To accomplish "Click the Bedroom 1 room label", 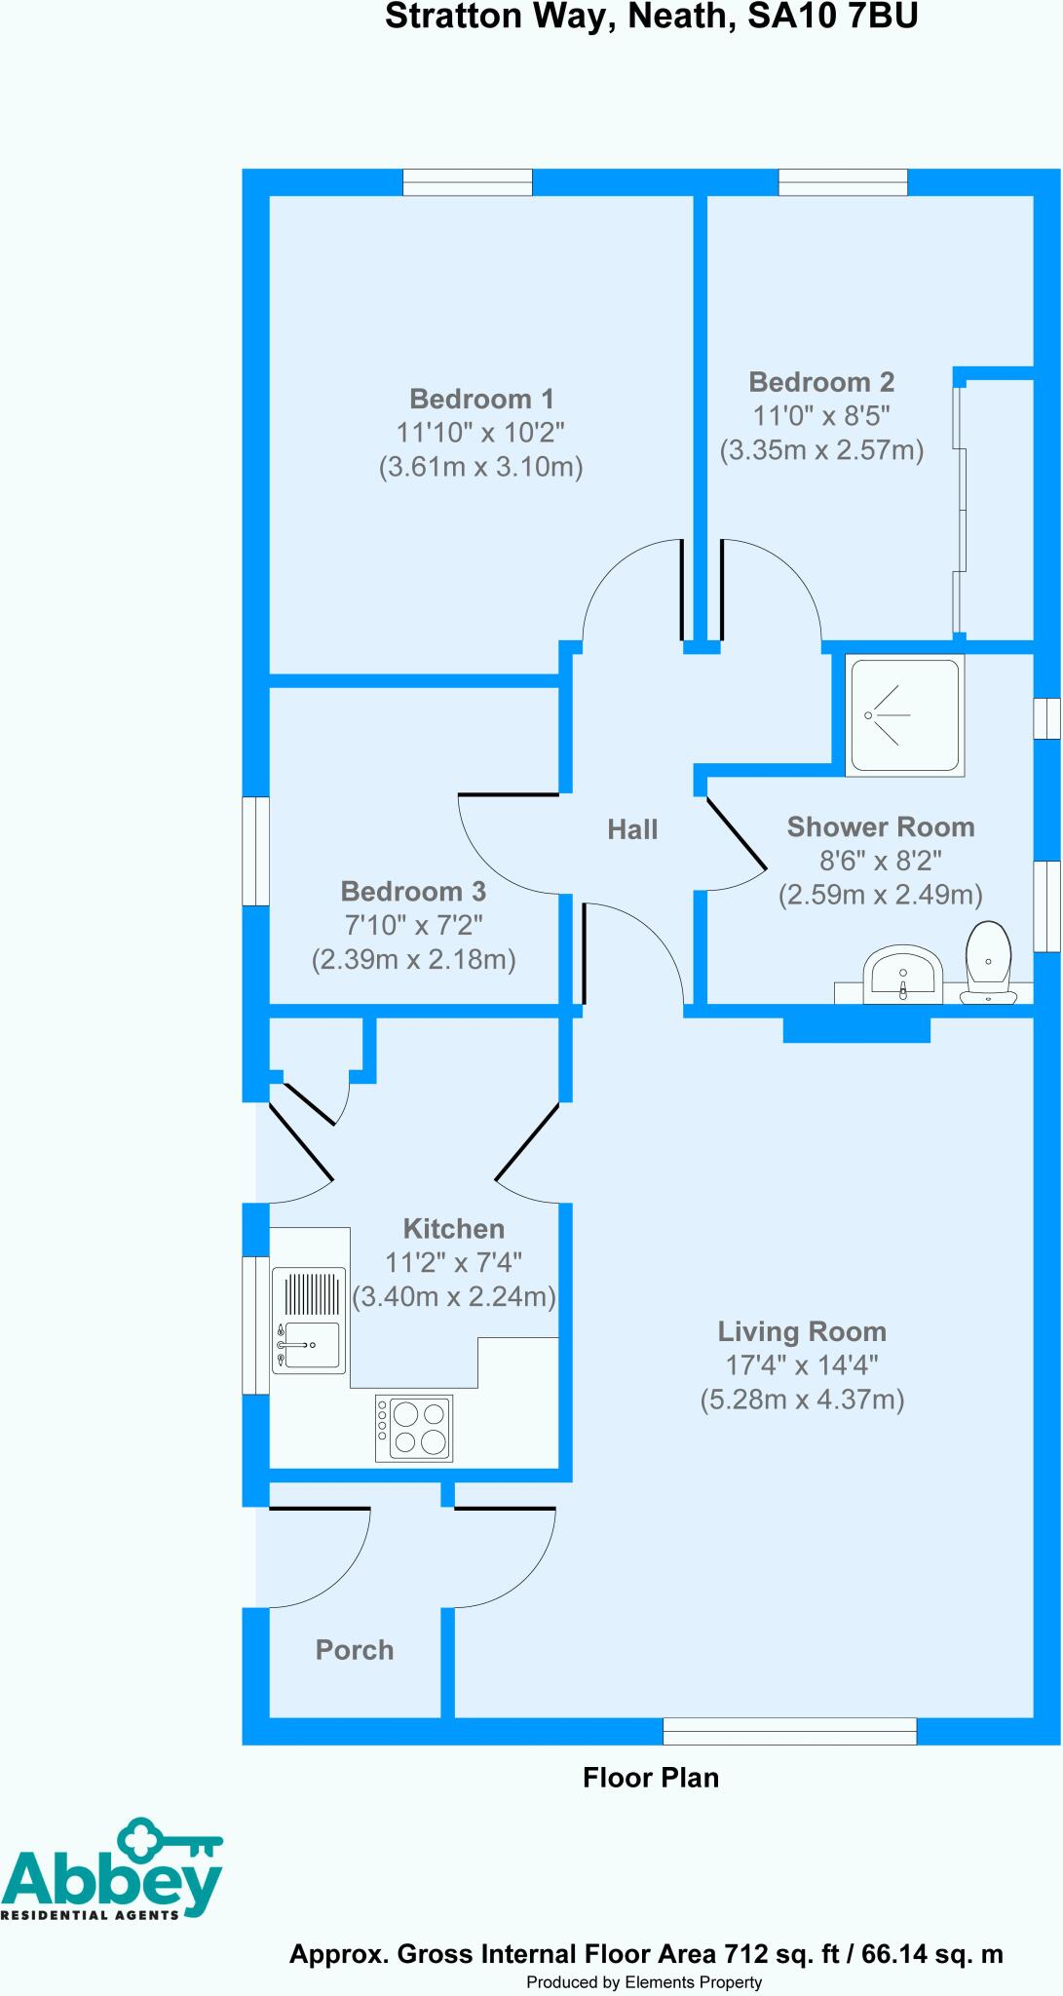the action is pos(481,399).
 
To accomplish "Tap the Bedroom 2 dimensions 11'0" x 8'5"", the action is pos(821,416).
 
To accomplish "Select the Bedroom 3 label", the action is pos(413,891).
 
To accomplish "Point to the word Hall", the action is pos(632,829).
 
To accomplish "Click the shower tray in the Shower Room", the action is pos(904,715).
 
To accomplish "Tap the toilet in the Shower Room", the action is pos(988,963).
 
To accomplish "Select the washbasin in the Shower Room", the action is pos(903,972).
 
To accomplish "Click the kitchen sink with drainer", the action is pos(309,1321).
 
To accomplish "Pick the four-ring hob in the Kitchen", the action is pos(414,1429).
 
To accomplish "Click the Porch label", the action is pos(355,1650).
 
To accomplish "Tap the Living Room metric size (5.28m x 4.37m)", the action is pos(802,1401).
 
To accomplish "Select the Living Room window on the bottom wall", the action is pos(789,1731).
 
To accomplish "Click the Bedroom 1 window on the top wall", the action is pos(468,182).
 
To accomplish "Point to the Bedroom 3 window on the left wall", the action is pos(255,851).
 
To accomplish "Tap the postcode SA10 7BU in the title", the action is pos(832,17).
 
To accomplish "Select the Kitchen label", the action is pos(454,1228).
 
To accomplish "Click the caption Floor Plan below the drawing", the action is pos(651,1778).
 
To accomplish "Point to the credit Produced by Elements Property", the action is pos(644,1982).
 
